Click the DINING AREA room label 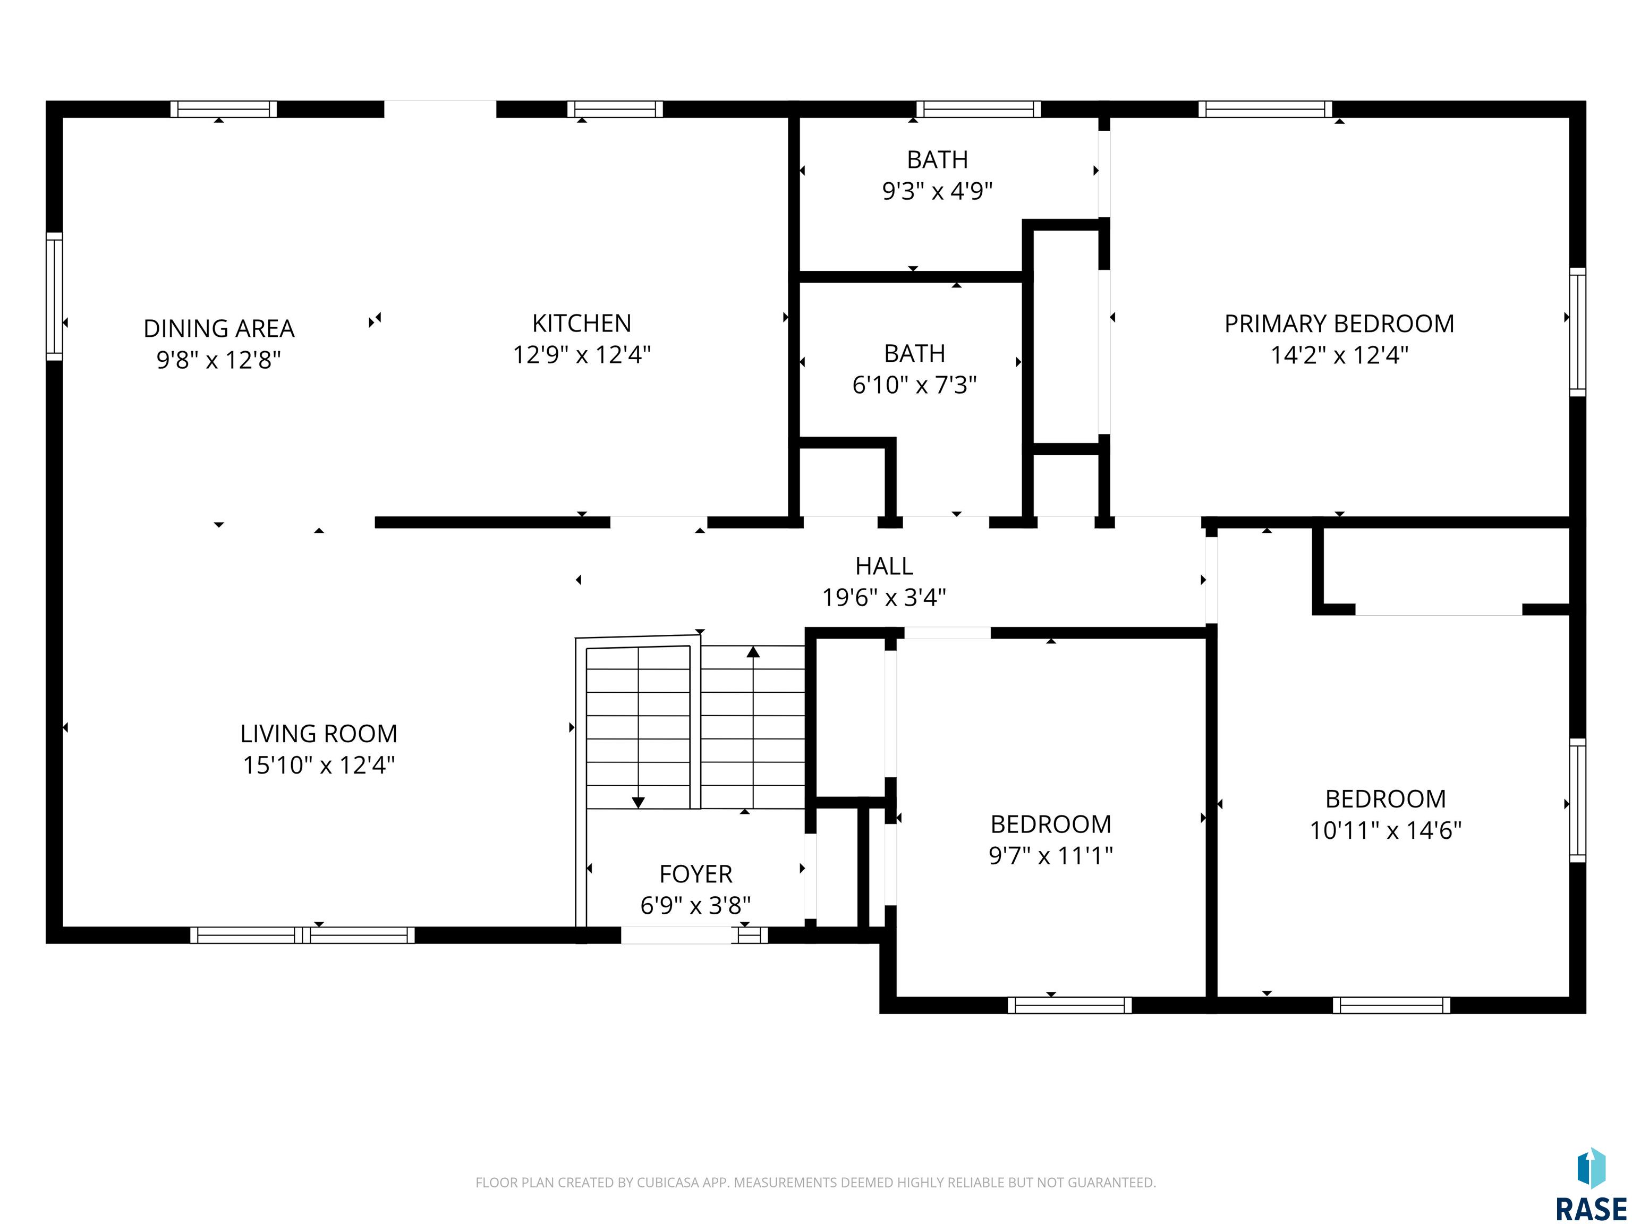(219, 328)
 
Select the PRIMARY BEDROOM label (1339, 324)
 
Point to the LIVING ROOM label (319, 733)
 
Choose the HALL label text (884, 566)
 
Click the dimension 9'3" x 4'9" (937, 191)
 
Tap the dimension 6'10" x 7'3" (914, 385)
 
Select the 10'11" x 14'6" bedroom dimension (1385, 831)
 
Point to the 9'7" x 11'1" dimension (1051, 856)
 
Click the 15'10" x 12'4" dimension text (319, 765)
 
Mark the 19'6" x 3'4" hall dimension (884, 597)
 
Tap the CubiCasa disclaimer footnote (815, 1183)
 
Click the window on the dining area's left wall (54, 296)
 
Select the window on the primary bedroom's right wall (1577, 332)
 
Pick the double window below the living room (302, 935)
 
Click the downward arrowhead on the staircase (638, 803)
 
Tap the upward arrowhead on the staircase (753, 651)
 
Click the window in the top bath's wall (979, 109)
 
